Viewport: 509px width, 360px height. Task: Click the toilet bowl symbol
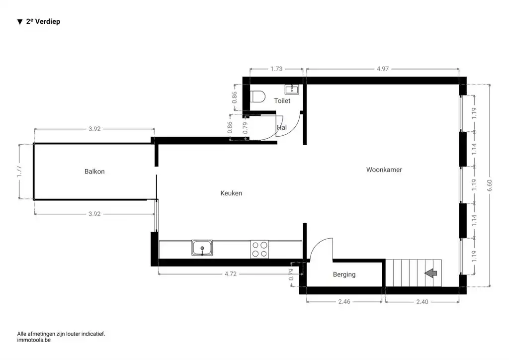tap(257, 96)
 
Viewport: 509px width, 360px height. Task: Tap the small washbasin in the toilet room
tap(291, 90)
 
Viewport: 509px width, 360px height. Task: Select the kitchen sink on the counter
tap(202, 247)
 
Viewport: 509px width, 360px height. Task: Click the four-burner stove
tap(259, 248)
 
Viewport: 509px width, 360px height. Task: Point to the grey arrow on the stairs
tap(430, 272)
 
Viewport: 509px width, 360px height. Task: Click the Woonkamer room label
tap(384, 170)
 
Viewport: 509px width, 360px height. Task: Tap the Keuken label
tap(231, 193)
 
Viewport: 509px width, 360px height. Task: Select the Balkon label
tap(94, 172)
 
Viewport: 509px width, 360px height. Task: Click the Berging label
tap(344, 274)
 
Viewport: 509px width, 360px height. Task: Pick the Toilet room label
tap(282, 101)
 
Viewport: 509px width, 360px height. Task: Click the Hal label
tap(282, 127)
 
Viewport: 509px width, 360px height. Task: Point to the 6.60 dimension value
tap(491, 185)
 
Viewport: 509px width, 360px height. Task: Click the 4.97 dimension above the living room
tap(382, 69)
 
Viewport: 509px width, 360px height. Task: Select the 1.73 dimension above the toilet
tap(276, 69)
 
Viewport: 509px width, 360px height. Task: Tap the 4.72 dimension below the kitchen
tap(230, 273)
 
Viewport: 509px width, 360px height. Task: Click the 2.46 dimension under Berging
tap(344, 301)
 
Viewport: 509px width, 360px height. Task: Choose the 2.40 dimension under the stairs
tap(422, 301)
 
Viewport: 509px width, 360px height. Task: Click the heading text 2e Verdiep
tap(43, 22)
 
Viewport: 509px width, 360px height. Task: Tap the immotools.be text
tap(34, 341)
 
